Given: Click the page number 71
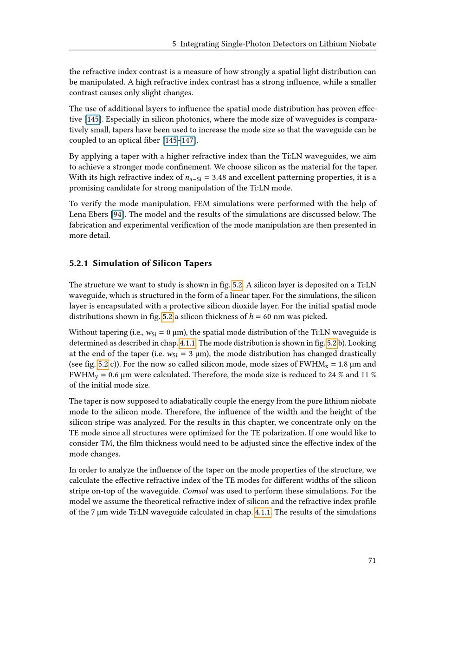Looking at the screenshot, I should (x=372, y=560).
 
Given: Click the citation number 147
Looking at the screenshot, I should (x=187, y=140).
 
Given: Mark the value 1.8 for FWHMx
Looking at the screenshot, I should (x=346, y=364).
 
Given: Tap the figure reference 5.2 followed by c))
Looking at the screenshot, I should (x=103, y=364).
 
